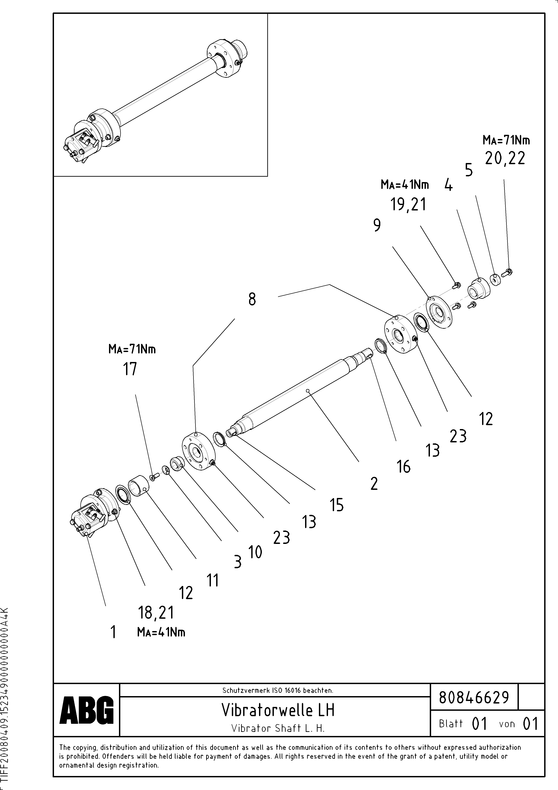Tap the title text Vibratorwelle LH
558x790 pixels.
(x=278, y=710)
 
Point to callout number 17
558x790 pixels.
(x=130, y=369)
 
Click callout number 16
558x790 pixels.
(x=404, y=467)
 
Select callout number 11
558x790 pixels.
(x=213, y=580)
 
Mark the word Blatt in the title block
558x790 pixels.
(x=451, y=724)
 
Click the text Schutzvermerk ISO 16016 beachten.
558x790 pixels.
(x=277, y=690)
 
